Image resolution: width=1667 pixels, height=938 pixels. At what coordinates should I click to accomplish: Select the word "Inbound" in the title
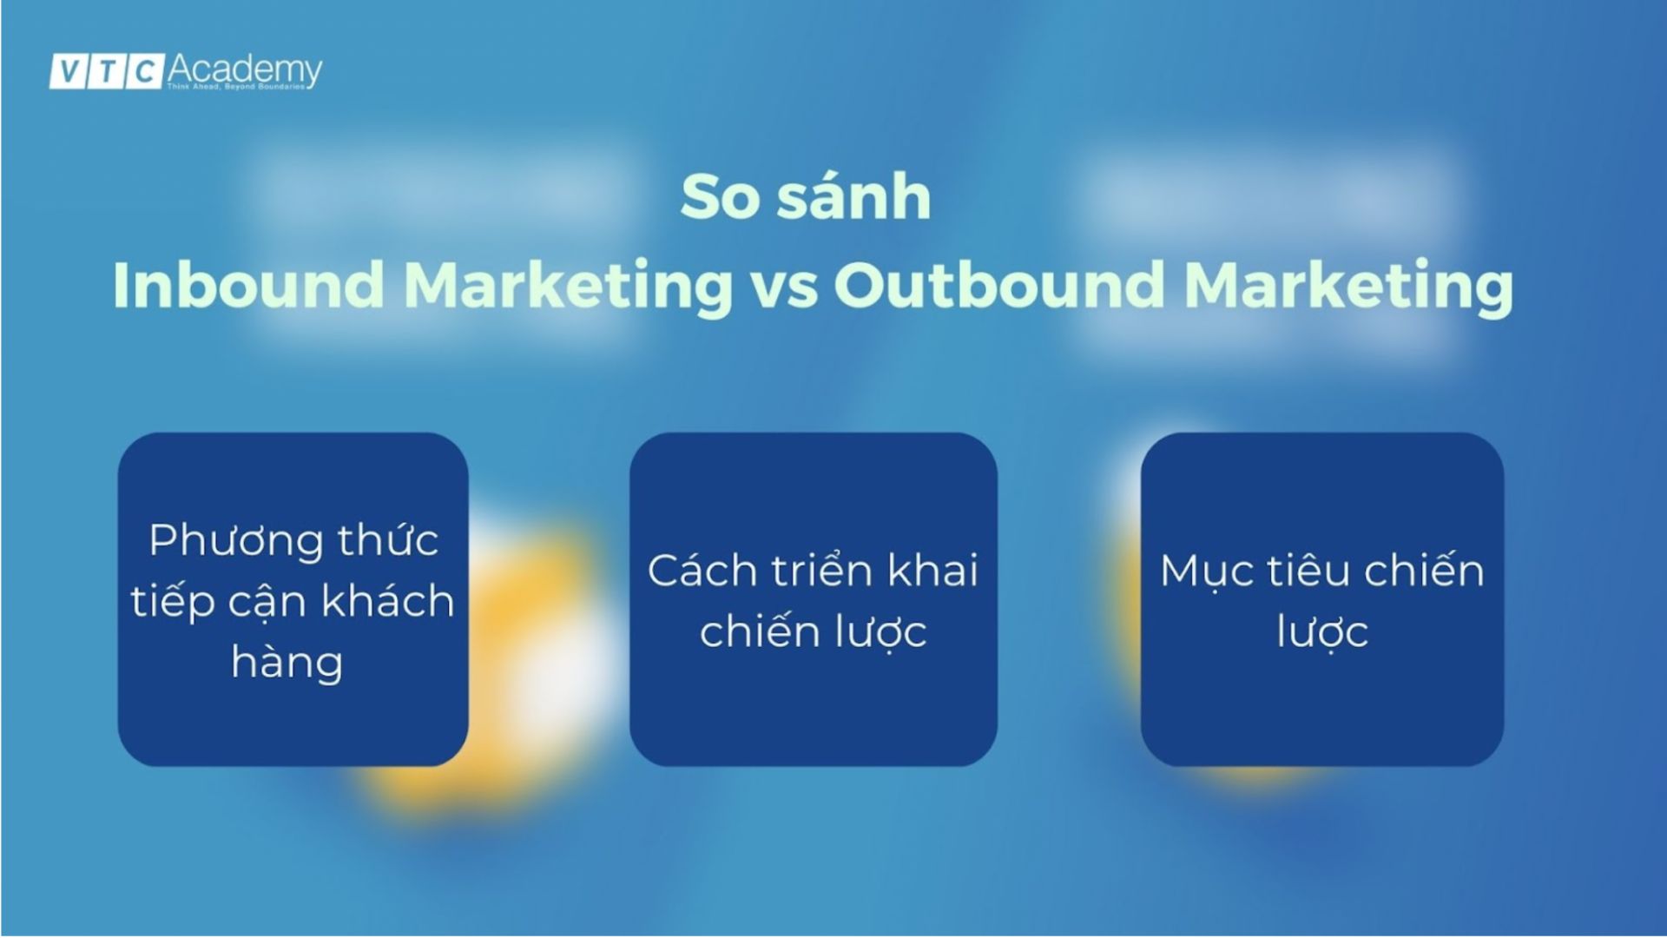click(248, 285)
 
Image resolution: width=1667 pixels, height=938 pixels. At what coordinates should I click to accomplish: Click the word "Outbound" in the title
click(999, 285)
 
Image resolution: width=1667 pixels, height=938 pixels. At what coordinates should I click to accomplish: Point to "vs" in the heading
click(784, 287)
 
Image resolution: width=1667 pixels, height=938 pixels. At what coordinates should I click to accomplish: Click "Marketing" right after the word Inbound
click(569, 287)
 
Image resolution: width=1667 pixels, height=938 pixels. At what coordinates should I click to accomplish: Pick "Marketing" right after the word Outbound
click(1348, 287)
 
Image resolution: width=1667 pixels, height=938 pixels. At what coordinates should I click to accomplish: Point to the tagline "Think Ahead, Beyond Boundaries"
click(235, 87)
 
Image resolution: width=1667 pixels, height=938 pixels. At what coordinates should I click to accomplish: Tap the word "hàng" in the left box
click(287, 664)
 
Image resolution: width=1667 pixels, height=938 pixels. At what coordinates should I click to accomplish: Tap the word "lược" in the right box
click(1322, 632)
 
